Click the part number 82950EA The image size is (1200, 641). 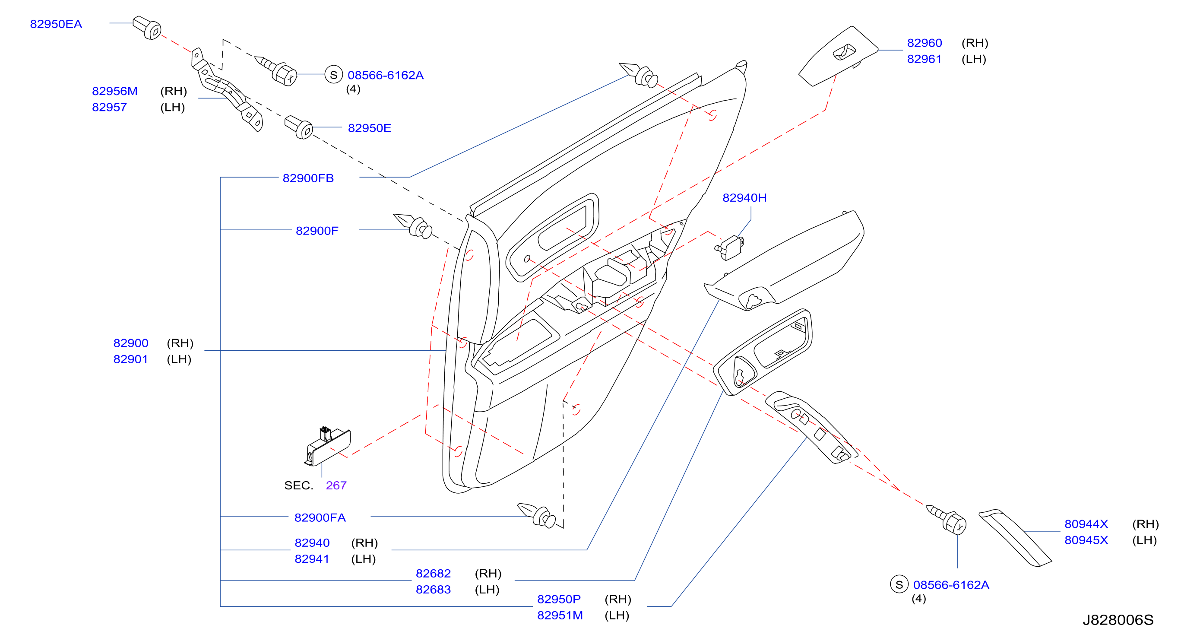(56, 24)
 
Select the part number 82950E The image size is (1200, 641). (369, 128)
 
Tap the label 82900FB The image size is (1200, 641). (308, 178)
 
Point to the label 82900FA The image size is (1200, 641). (320, 517)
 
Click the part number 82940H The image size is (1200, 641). (744, 197)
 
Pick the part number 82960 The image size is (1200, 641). (924, 43)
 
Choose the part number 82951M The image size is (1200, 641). (560, 616)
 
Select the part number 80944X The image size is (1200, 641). (1086, 524)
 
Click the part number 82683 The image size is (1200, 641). (433, 590)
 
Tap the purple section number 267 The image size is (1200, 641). (336, 486)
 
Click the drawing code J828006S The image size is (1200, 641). (1118, 620)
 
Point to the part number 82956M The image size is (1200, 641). (114, 91)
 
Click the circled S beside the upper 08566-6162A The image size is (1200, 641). (333, 75)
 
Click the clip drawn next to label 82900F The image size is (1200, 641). (413, 226)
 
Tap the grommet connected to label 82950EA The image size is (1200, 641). (147, 28)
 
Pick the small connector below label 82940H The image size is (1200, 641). (729, 248)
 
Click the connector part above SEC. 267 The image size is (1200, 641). (327, 447)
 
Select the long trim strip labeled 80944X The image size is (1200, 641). (1015, 538)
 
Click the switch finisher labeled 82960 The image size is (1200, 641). (838, 56)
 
